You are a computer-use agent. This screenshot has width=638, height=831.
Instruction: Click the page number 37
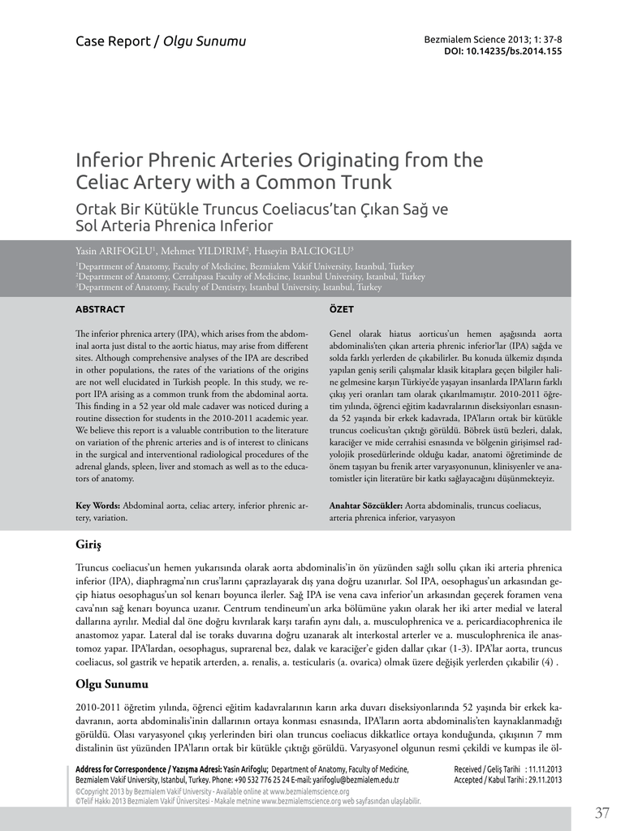tap(601, 813)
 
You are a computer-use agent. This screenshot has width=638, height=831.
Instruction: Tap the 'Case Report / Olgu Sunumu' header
tap(160, 41)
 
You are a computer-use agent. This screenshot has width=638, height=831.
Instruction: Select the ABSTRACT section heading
tap(100, 309)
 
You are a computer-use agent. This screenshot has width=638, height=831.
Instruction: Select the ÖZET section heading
tap(341, 309)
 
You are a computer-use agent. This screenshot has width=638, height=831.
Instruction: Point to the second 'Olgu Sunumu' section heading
tap(112, 683)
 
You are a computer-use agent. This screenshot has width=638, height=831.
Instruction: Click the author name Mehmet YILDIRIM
tap(207, 252)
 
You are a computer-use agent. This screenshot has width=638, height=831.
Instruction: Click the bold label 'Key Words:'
tap(97, 505)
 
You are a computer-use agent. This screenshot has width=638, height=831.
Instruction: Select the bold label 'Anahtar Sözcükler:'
tap(365, 505)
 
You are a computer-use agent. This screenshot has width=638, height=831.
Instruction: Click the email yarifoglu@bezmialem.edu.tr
tap(353, 779)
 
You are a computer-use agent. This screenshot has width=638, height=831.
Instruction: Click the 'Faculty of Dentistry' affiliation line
tap(229, 287)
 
